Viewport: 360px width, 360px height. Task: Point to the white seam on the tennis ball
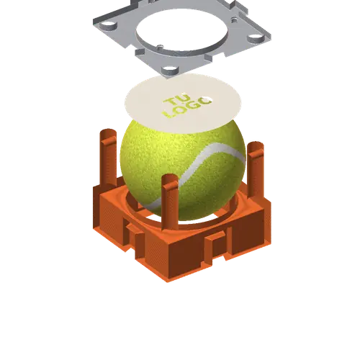(192, 173)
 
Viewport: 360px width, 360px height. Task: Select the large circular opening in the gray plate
(181, 30)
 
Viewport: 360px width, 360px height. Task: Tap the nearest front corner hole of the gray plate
(170, 70)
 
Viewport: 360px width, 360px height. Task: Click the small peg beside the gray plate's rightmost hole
(234, 19)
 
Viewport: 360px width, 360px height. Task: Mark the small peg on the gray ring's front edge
(159, 47)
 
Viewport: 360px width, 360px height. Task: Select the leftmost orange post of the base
(108, 158)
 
